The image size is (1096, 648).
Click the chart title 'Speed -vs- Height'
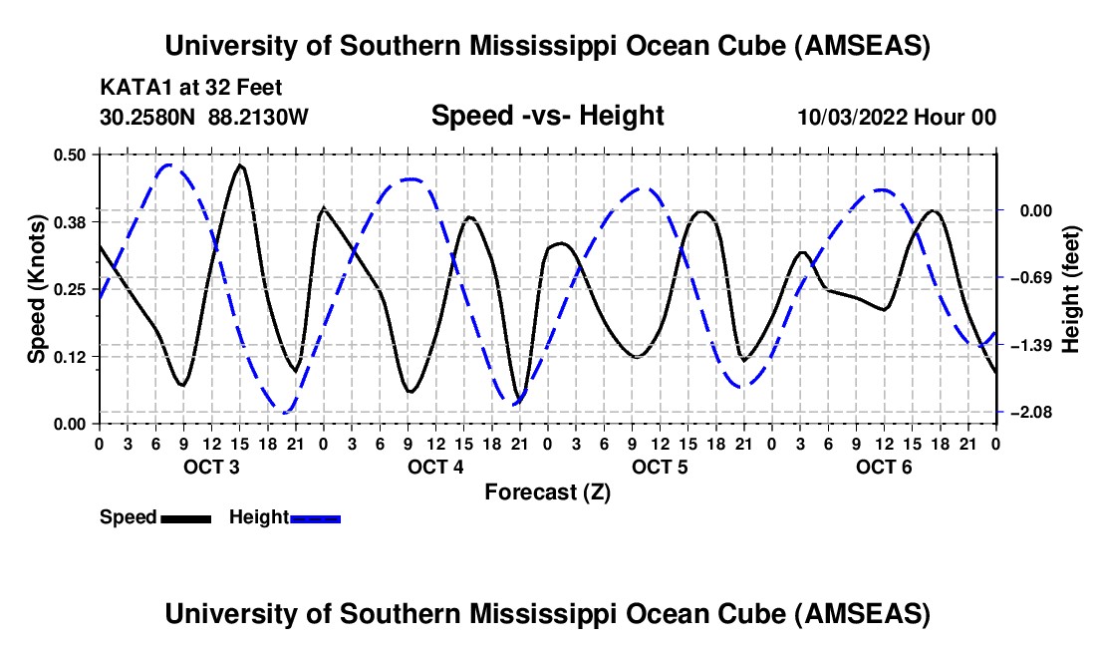click(x=547, y=117)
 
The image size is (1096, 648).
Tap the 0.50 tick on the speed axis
click(x=72, y=155)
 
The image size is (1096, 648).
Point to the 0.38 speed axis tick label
click(x=72, y=221)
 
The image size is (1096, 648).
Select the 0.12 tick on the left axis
click(x=72, y=356)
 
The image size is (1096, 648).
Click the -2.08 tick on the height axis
click(x=1030, y=413)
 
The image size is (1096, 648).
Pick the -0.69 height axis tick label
click(x=1030, y=277)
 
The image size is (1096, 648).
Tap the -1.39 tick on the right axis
click(x=1030, y=345)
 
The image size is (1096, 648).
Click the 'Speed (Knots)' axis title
click(x=37, y=289)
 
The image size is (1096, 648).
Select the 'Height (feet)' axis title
click(x=1071, y=289)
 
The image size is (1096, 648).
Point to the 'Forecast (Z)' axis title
click(x=547, y=492)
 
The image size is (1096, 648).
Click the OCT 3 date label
click(x=210, y=468)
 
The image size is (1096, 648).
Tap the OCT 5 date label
click(x=659, y=468)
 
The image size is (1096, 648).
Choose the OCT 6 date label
click(x=883, y=468)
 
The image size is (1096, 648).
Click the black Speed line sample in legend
click(x=185, y=518)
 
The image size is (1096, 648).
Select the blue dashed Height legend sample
click(x=316, y=518)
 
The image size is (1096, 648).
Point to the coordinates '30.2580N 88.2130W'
click(x=204, y=117)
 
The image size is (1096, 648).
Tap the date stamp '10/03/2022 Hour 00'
click(x=897, y=118)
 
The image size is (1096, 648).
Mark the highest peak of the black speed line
click(x=240, y=165)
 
